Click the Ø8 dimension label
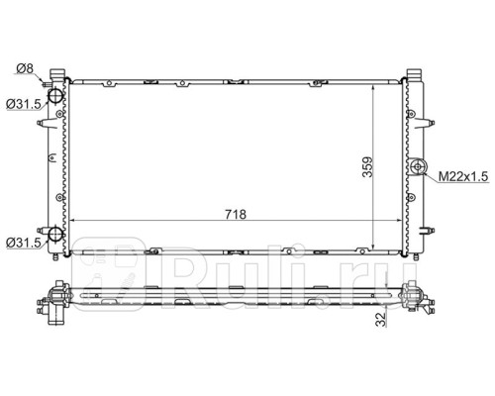pyautogui.click(x=26, y=68)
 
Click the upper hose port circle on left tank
pyautogui.click(x=55, y=97)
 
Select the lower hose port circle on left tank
pyautogui.click(x=55, y=238)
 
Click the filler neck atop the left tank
pyautogui.click(x=58, y=75)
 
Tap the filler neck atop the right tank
pyautogui.click(x=417, y=75)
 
